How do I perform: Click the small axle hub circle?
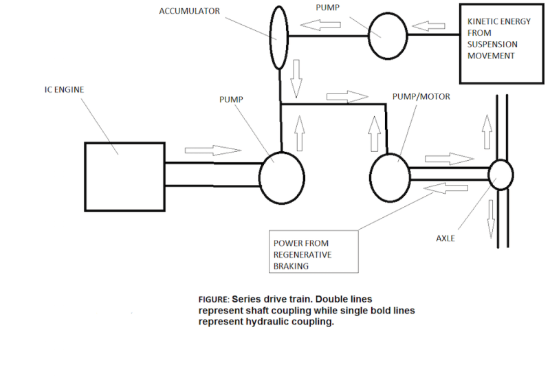point(500,175)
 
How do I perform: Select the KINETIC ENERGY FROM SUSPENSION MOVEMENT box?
point(498,44)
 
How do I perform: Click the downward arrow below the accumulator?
point(296,78)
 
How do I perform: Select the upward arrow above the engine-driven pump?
point(299,133)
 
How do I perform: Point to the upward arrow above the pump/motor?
point(375,133)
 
